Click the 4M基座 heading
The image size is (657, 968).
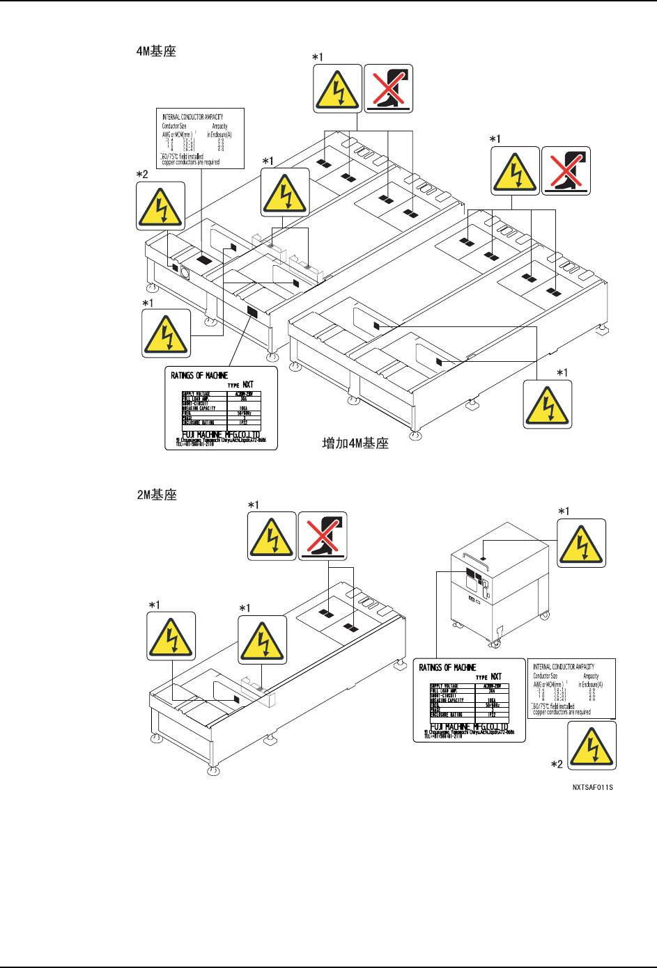(156, 51)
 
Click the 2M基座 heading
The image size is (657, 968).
(156, 495)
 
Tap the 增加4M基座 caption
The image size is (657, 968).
(355, 443)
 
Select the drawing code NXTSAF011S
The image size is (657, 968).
(593, 788)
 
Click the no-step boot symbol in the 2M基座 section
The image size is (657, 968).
(323, 536)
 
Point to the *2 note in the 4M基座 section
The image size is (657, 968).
(142, 174)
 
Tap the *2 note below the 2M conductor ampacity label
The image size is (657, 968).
(557, 764)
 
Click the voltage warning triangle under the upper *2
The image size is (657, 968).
(161, 206)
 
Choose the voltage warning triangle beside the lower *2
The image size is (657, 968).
(592, 745)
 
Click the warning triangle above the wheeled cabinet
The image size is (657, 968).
(582, 543)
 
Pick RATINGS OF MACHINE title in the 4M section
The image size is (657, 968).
(199, 376)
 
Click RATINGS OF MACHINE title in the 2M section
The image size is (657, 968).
(447, 668)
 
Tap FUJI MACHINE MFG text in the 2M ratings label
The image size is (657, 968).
(469, 727)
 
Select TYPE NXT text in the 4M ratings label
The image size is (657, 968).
(241, 385)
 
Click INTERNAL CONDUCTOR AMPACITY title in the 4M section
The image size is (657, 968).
(193, 117)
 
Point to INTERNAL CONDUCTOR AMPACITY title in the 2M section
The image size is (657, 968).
(564, 667)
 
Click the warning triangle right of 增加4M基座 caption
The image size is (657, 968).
(548, 404)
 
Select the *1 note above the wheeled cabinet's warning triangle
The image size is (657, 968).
(563, 511)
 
